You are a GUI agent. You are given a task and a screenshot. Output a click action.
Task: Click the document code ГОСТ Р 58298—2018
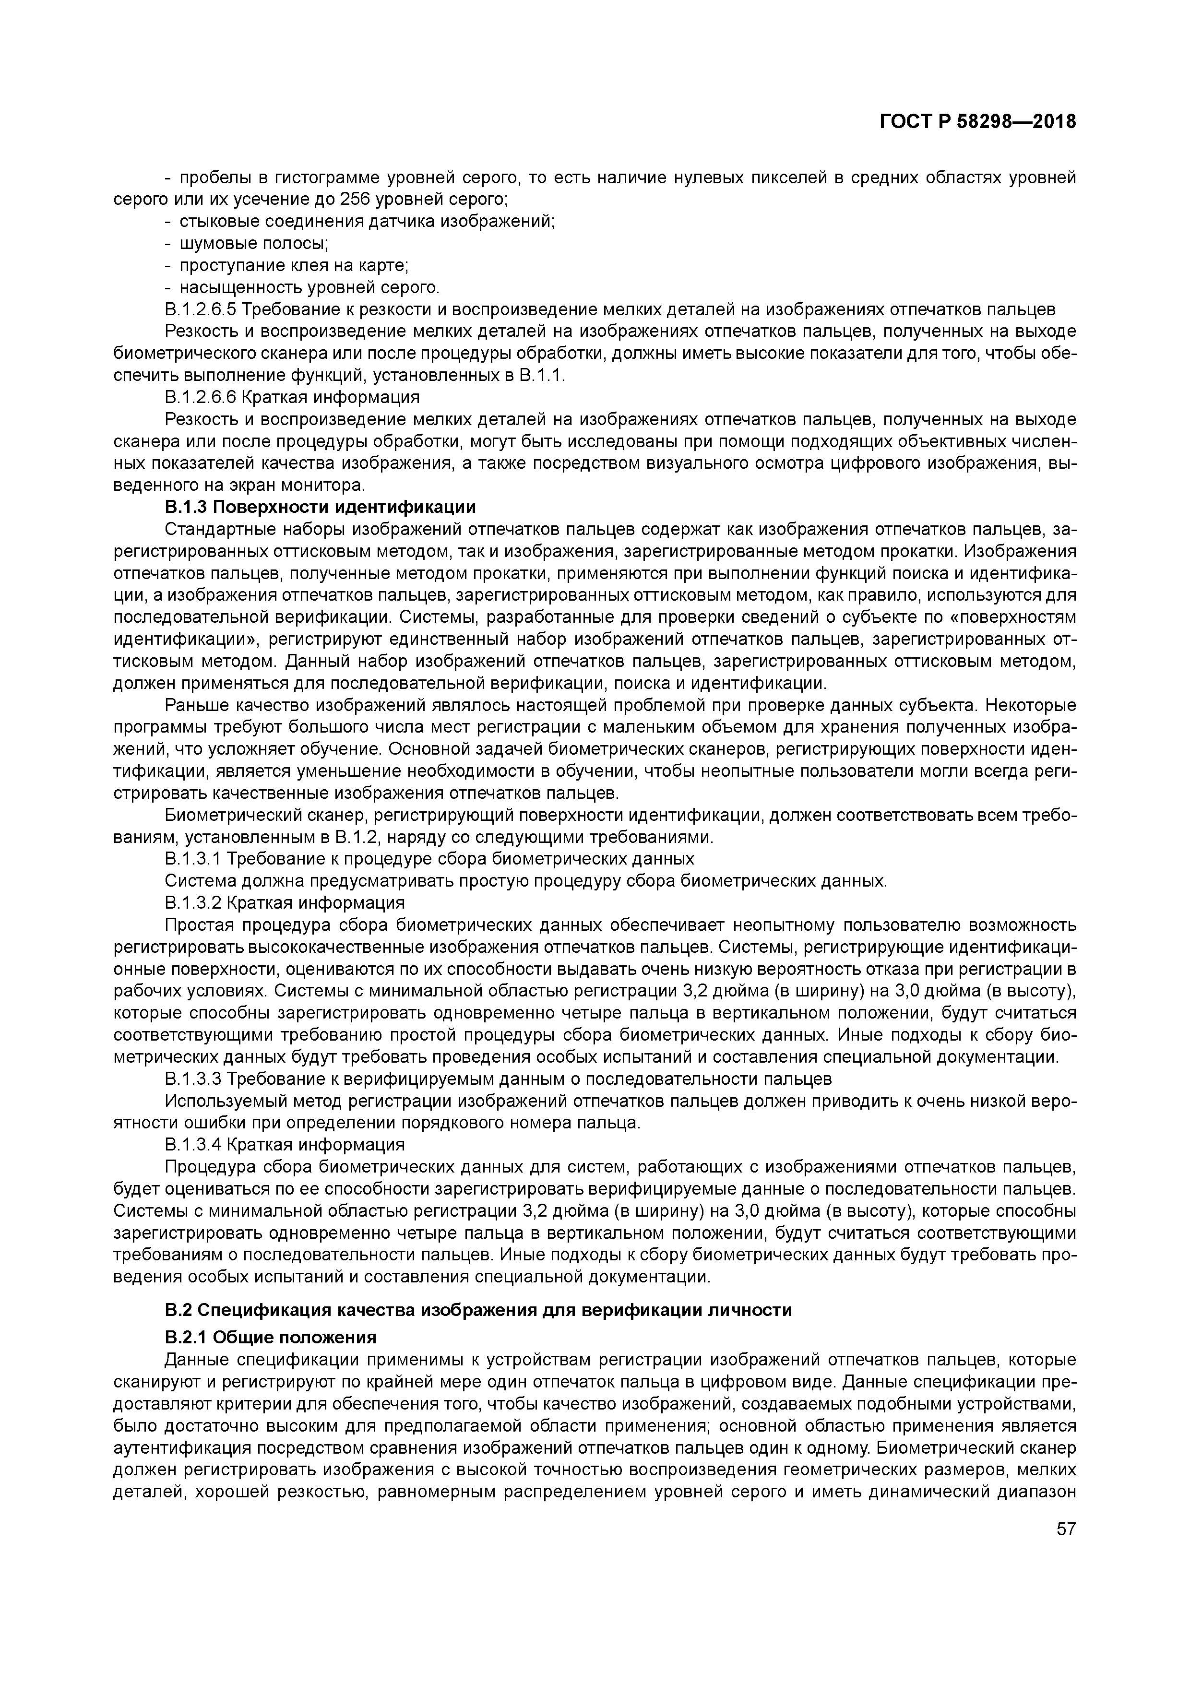[x=977, y=122]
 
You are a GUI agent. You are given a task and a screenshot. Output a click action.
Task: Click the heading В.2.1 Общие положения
[x=271, y=1336]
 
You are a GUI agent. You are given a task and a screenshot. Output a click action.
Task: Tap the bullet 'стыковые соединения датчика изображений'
[x=367, y=221]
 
